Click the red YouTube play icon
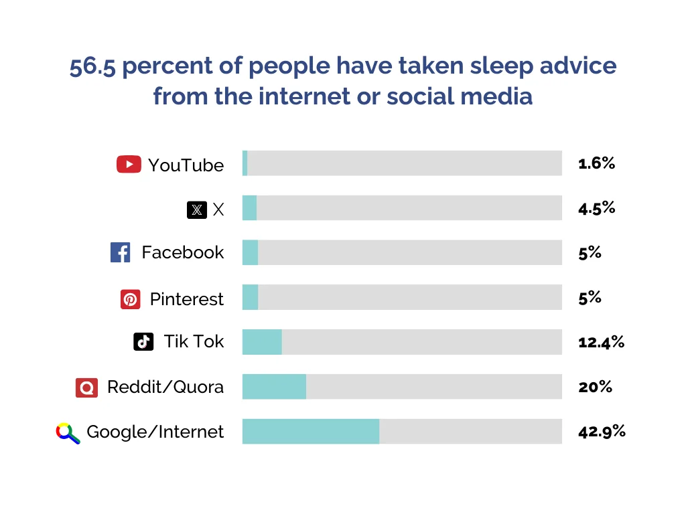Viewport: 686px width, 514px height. click(129, 165)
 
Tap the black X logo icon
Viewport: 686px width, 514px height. click(196, 210)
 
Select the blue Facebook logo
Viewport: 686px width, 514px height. click(121, 252)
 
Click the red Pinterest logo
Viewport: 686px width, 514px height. click(131, 299)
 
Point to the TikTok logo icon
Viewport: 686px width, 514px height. click(143, 341)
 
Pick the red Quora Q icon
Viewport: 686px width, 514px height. click(87, 388)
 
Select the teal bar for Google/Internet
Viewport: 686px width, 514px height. click(310, 431)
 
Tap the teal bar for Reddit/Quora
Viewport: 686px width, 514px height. click(274, 387)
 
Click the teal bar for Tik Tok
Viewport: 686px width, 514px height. click(262, 342)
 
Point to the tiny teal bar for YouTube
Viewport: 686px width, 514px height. click(245, 163)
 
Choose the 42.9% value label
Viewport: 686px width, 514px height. click(602, 431)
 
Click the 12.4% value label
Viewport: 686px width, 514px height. click(601, 342)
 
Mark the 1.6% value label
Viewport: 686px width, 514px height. click(596, 163)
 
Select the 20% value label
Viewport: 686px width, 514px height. click(595, 387)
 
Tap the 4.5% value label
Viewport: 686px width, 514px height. click(596, 207)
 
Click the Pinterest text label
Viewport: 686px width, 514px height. click(186, 299)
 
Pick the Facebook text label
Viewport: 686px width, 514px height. click(182, 252)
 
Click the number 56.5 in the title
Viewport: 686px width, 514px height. click(93, 66)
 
